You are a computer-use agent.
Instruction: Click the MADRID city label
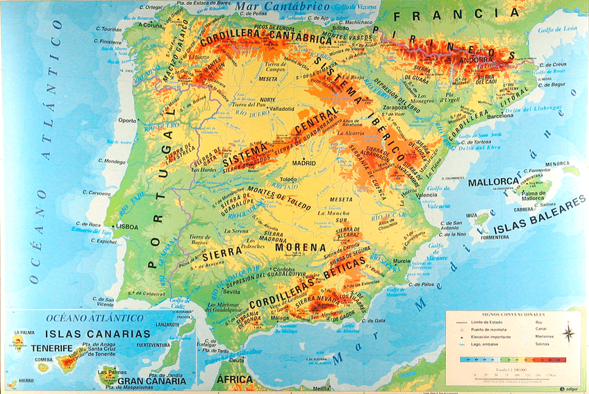304,163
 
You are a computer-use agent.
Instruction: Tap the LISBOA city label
126,227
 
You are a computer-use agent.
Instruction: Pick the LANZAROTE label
167,324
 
